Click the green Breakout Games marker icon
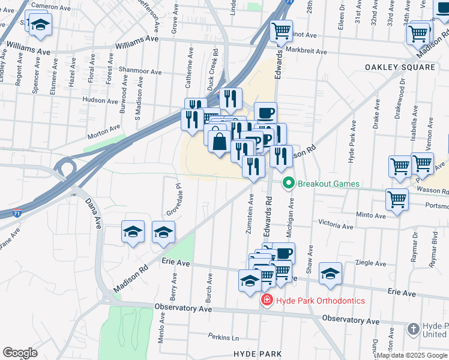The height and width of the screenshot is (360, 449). click(x=289, y=184)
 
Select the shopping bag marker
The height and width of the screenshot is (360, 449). click(x=220, y=142)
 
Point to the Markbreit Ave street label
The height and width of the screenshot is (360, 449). click(x=306, y=52)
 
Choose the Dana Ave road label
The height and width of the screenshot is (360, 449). click(x=94, y=212)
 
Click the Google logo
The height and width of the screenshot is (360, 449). click(x=20, y=353)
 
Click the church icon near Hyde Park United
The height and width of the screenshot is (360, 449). click(x=414, y=329)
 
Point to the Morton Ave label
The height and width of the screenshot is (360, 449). click(x=103, y=127)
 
